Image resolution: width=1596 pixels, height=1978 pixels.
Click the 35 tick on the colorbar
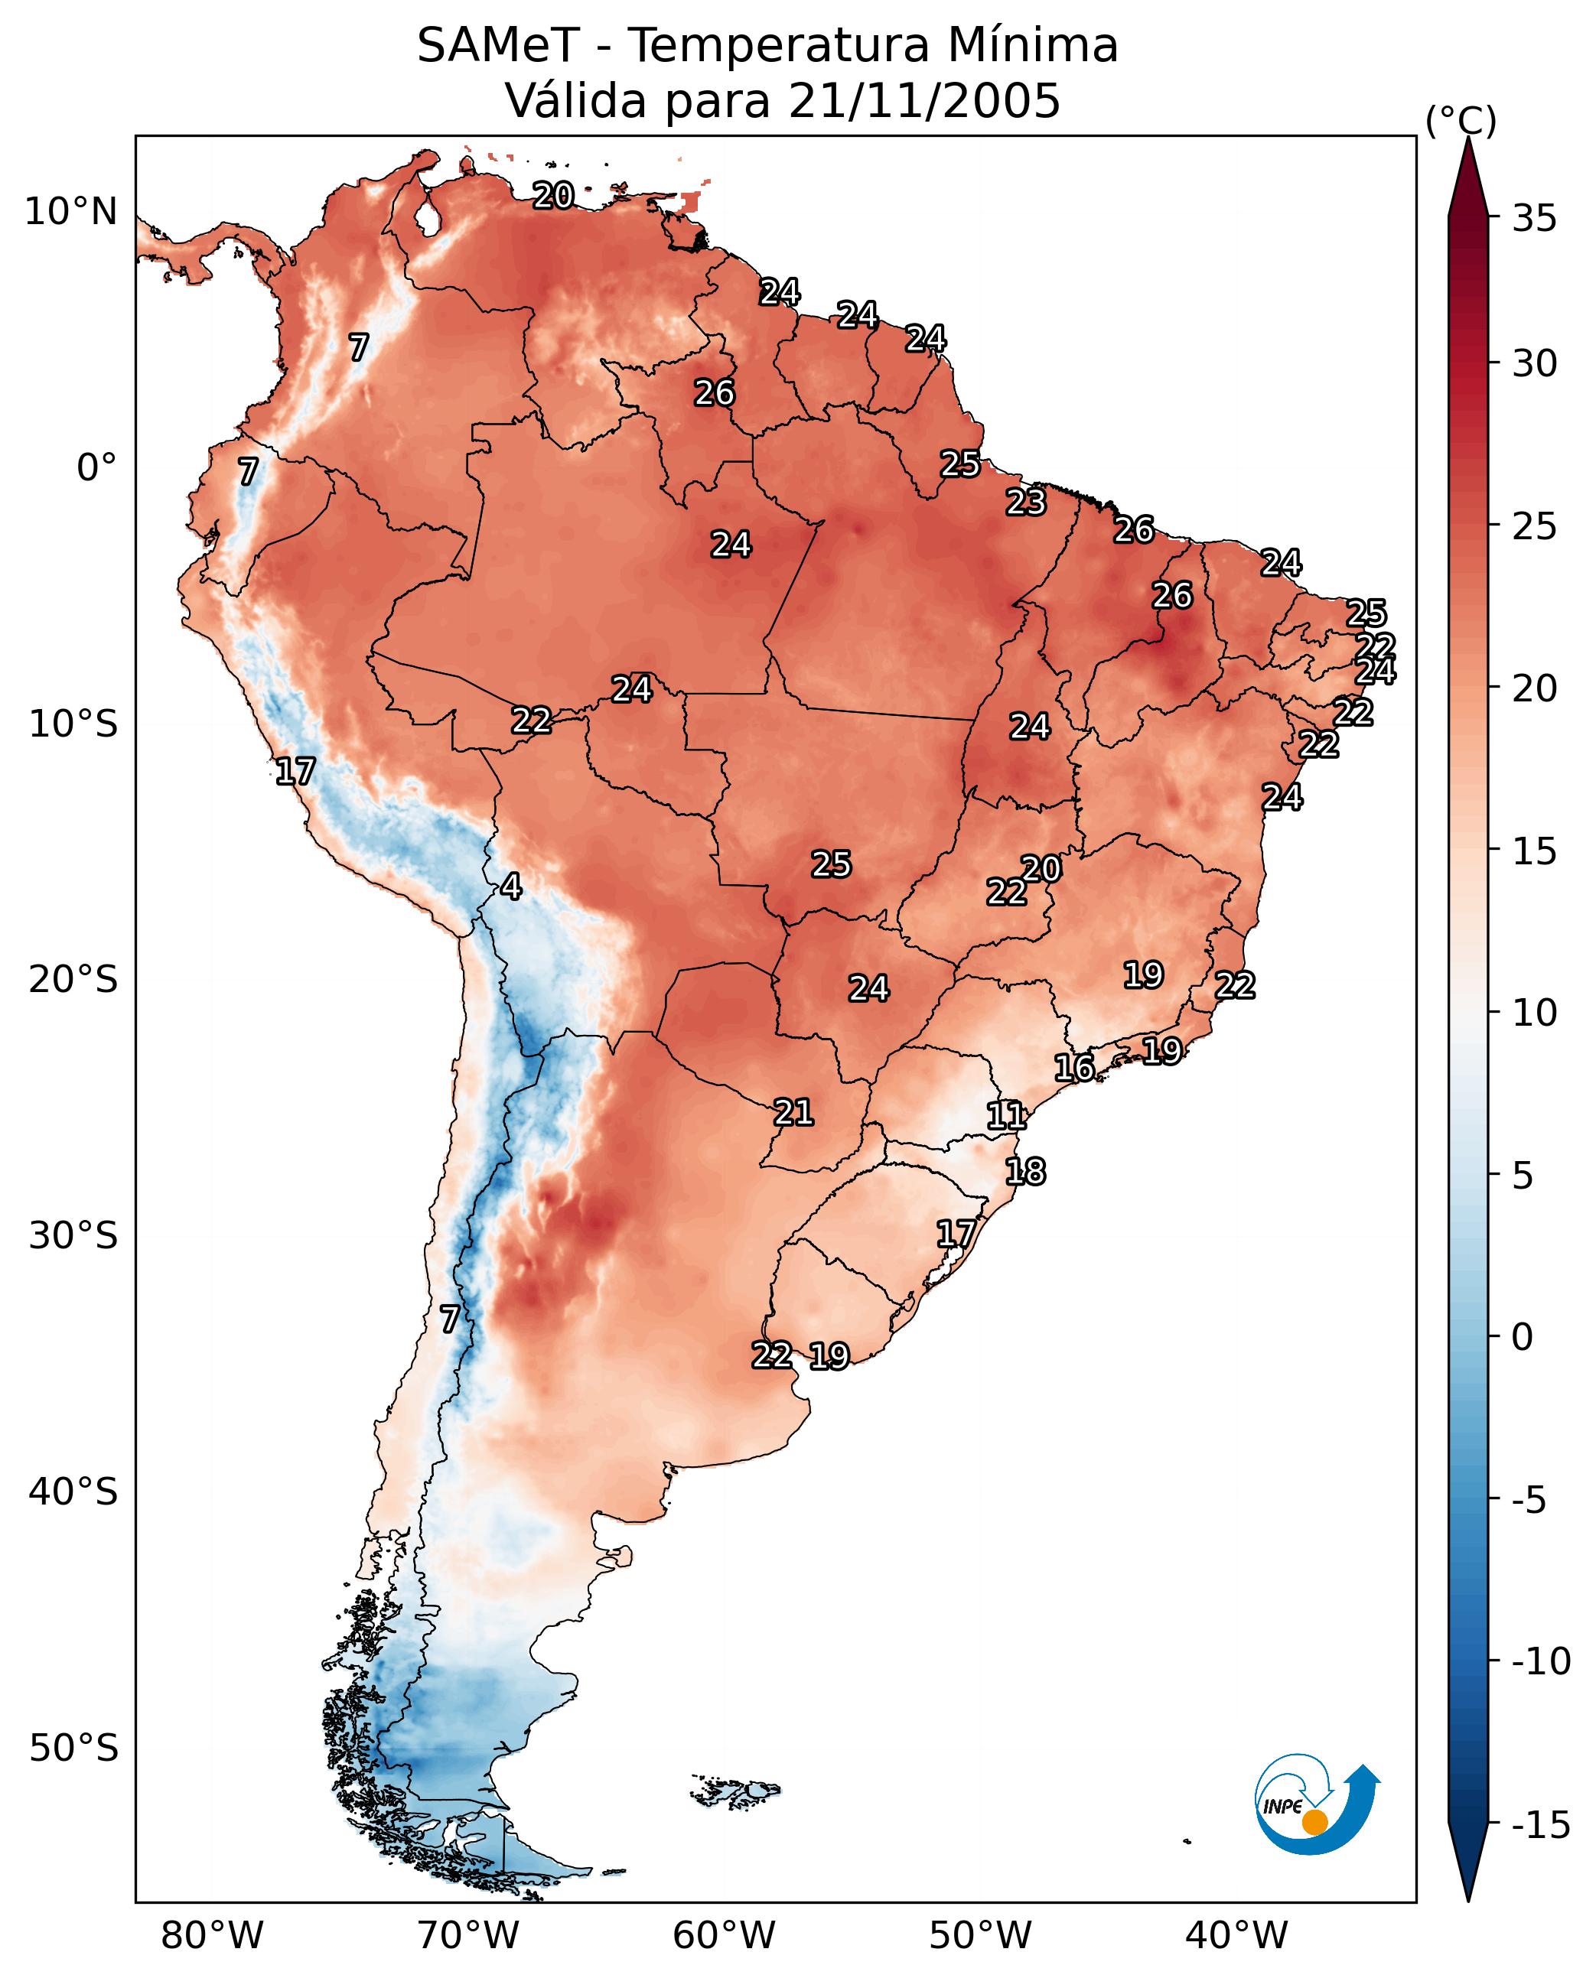coord(1534,218)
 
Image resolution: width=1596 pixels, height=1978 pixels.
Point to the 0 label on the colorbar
coord(1523,1337)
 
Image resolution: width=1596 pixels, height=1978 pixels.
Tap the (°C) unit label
coord(1461,120)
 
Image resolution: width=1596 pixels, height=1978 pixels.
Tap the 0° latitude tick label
coord(96,468)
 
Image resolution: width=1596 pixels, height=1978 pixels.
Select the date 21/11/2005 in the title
coord(924,100)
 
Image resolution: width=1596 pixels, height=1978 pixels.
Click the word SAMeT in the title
coord(498,45)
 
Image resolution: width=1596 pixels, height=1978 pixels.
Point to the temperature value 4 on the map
coord(511,886)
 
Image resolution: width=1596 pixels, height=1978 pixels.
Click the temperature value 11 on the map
coord(1006,1115)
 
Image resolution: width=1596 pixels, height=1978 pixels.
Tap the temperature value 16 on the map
coord(1073,1067)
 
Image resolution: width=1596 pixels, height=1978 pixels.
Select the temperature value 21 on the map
coord(793,1112)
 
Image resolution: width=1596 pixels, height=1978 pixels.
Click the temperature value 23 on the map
coord(1026,502)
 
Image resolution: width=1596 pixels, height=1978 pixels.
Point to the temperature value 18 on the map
coord(1025,1171)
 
